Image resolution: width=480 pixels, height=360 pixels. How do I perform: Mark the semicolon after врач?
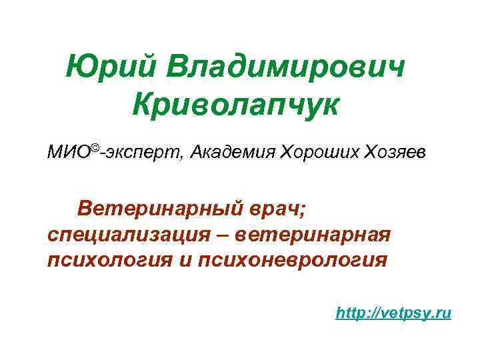[302, 211]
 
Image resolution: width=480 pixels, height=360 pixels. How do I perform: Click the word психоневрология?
[292, 259]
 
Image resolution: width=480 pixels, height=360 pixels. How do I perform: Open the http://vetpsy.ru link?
[394, 312]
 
